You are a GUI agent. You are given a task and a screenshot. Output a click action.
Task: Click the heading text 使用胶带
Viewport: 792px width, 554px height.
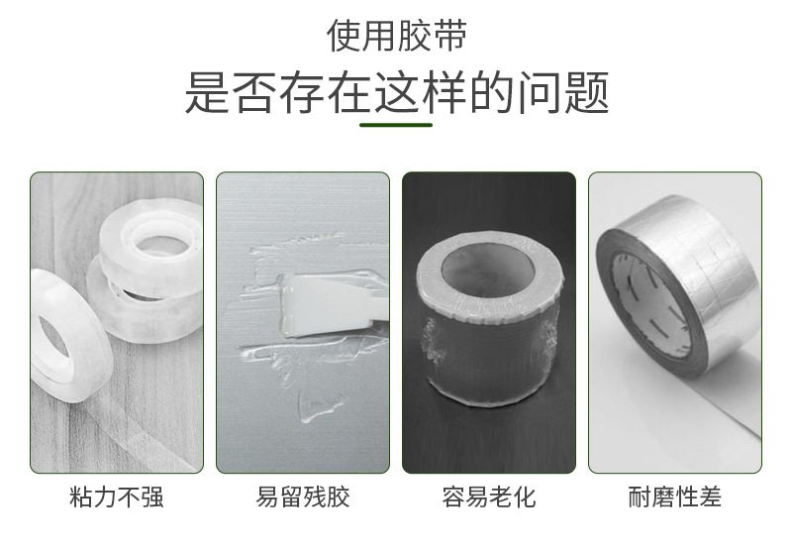point(396,36)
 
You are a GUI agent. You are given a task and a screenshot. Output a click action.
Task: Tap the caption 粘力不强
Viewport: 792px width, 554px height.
point(117,497)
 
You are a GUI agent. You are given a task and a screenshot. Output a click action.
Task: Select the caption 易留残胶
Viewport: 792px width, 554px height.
point(303,497)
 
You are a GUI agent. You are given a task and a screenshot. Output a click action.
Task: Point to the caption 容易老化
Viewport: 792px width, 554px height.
point(489,497)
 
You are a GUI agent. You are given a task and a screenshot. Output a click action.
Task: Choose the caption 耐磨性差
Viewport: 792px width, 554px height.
point(675,497)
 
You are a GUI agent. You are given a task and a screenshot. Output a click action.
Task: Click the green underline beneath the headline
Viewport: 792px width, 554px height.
point(396,125)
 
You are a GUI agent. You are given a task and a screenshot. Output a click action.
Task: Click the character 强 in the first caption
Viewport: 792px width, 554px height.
point(151,497)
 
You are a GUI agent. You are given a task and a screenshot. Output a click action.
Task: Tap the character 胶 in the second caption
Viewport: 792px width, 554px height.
point(338,497)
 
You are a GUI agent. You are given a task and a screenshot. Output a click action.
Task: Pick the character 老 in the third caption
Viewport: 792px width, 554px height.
point(501,497)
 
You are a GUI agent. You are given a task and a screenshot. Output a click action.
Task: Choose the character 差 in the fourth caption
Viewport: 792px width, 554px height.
point(710,497)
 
